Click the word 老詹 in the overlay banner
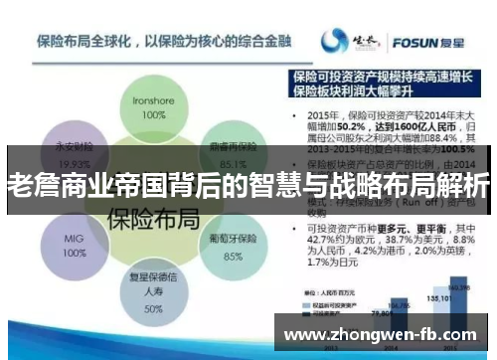29,186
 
